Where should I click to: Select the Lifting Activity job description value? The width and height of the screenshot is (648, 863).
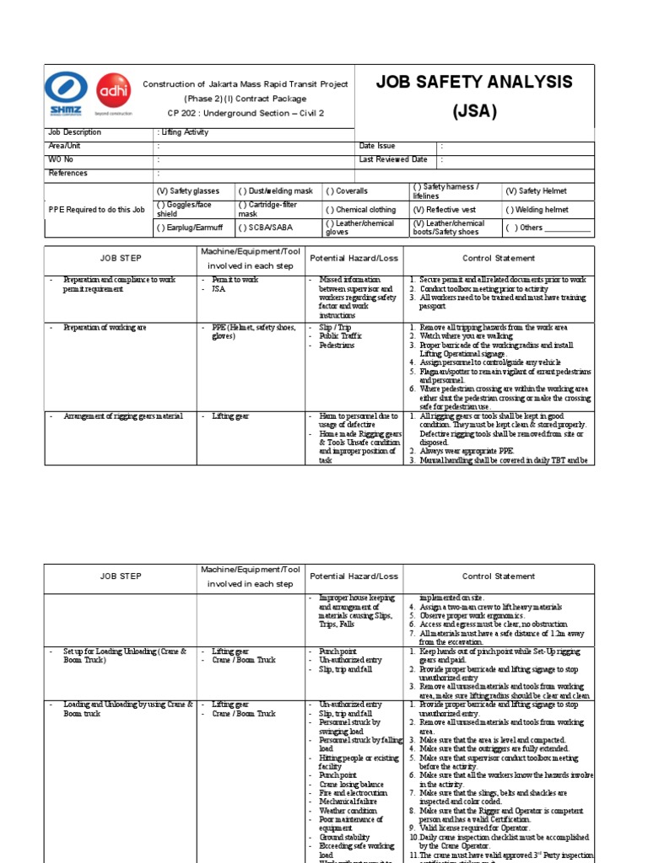[x=184, y=132]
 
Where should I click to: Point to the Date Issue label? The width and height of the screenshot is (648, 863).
[x=377, y=146]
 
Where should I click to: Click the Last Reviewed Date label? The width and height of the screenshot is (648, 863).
[x=393, y=159]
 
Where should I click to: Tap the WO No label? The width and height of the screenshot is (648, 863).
[x=61, y=159]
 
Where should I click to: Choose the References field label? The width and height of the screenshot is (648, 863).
[x=67, y=173]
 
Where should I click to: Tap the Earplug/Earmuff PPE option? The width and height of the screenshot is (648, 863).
[x=191, y=228]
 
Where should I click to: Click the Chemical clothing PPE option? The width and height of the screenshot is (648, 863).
[x=360, y=210]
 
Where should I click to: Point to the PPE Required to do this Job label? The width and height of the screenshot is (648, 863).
[x=97, y=210]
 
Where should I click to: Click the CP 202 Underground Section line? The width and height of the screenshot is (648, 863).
[x=234, y=112]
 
